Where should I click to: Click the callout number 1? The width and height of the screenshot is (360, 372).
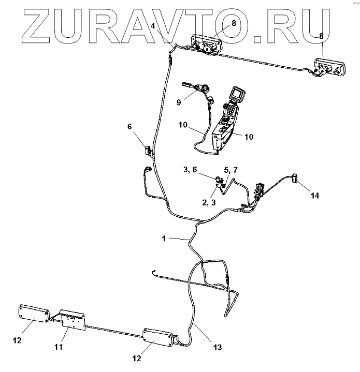tap(164, 239)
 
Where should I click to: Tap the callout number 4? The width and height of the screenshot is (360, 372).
tap(153, 26)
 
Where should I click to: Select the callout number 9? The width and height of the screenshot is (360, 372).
tap(179, 102)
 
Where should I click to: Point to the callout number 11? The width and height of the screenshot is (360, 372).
tap(59, 347)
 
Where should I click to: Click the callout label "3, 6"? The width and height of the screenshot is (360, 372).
tap(190, 169)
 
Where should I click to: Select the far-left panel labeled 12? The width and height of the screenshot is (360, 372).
tap(33, 314)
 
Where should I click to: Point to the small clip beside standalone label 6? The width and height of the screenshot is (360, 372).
tap(148, 151)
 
